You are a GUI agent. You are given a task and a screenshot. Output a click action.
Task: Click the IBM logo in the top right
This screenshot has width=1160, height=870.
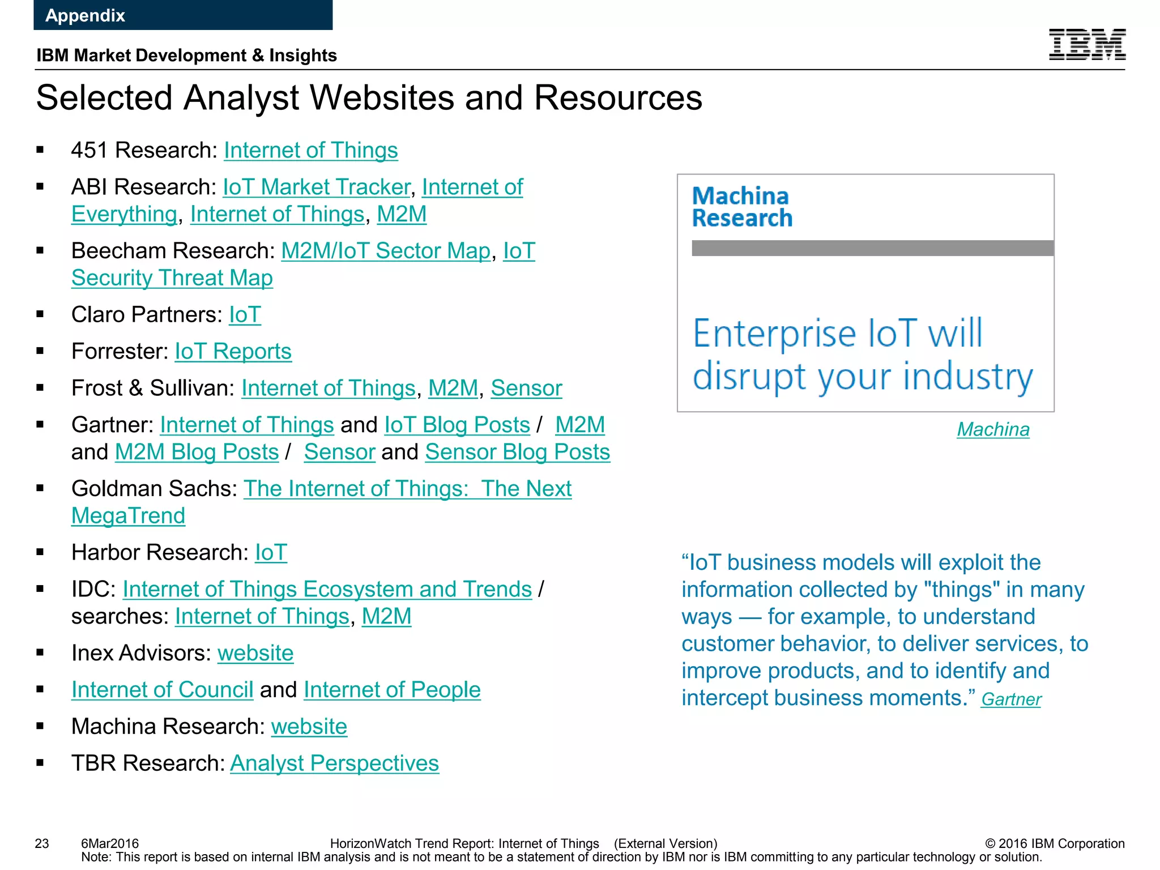(x=1086, y=44)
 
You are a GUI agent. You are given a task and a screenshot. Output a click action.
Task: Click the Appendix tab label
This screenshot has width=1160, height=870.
(x=85, y=15)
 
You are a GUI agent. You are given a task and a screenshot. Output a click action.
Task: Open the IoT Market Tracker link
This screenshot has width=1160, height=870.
(x=316, y=187)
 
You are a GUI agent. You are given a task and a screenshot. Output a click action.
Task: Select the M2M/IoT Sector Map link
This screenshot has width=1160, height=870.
(x=386, y=251)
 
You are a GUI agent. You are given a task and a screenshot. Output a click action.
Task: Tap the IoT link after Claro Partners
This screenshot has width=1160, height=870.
(x=245, y=315)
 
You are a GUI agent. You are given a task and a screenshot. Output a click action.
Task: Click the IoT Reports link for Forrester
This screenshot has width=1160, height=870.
(x=233, y=352)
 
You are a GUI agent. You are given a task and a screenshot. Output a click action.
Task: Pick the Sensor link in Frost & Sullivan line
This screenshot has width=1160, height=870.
(x=526, y=389)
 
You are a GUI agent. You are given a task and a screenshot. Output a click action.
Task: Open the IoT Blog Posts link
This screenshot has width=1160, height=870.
(x=457, y=425)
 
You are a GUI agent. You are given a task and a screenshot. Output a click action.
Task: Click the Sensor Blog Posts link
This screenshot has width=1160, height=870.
(x=517, y=453)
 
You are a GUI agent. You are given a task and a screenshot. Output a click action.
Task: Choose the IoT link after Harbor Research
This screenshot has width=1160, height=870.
(x=271, y=553)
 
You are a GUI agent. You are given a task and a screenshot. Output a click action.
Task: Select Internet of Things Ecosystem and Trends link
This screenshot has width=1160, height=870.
(x=327, y=590)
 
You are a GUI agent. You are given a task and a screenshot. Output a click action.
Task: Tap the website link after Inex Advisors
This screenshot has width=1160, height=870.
(x=255, y=654)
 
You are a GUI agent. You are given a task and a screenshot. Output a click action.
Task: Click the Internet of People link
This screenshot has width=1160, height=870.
(x=392, y=690)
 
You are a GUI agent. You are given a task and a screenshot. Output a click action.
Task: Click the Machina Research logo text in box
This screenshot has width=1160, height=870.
(x=741, y=207)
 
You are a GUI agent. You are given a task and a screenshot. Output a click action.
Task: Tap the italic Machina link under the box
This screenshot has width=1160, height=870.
(x=993, y=430)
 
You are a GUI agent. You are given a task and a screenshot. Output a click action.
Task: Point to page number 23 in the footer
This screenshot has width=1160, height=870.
(x=42, y=843)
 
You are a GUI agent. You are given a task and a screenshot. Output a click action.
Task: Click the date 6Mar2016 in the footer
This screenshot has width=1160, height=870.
(x=110, y=843)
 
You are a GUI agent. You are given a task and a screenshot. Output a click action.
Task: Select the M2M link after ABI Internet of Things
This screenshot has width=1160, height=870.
(x=402, y=215)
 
